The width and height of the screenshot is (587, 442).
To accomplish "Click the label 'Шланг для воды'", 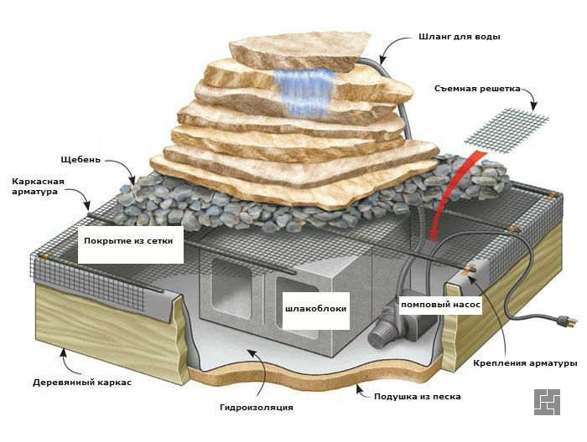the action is coord(460,37).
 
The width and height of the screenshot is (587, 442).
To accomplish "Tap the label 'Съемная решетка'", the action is coord(477,89).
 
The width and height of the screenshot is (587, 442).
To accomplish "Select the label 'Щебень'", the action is coord(81,160).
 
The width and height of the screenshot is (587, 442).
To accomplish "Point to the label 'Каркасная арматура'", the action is coord(39,187).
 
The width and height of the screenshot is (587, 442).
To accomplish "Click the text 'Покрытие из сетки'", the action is coord(128,241).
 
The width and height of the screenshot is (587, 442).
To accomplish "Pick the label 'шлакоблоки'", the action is coord(315,309).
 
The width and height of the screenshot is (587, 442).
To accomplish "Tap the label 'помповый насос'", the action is coord(440,305).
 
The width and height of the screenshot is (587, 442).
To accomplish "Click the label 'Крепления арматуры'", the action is coord(525,363).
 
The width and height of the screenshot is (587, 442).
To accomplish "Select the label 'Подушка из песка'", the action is coord(418,397).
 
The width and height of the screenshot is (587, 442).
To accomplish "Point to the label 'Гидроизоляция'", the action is coord(257,407).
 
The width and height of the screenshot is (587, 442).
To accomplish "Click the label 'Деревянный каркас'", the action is coord(82,383).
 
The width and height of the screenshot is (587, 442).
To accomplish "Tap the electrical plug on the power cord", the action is coord(564,321).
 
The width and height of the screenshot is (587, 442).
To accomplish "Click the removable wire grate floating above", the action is coord(506,131).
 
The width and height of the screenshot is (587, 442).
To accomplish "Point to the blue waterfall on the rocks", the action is coord(304,91).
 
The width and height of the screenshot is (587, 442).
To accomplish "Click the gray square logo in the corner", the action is coord(547,402).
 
